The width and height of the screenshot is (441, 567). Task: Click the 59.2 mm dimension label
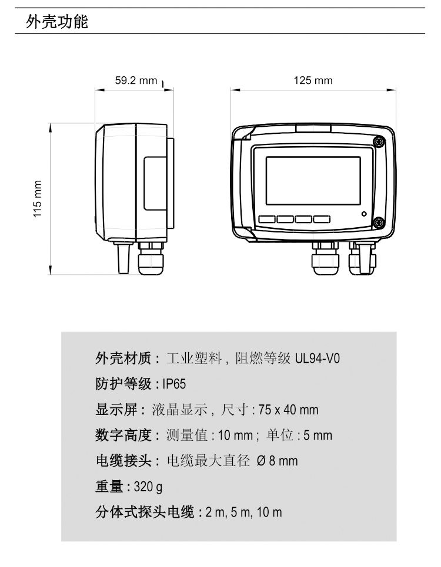[136, 80]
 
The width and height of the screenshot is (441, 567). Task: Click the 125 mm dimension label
[313, 80]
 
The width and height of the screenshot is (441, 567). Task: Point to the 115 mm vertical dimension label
[37, 199]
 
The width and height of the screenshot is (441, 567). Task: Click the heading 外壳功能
[57, 21]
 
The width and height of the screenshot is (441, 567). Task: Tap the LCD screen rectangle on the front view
[313, 181]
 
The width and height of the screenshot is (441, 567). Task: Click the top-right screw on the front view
[379, 141]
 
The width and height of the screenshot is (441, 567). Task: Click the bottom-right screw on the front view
[379, 222]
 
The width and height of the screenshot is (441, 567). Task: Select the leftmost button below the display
[267, 219]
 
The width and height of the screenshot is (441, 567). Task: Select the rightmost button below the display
[322, 219]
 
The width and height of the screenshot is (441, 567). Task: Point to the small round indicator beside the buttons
[364, 214]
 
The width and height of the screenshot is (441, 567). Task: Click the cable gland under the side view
[151, 258]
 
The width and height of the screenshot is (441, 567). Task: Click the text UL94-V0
[318, 359]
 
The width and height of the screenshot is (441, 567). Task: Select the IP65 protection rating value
[174, 384]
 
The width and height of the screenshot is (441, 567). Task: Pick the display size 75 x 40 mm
[289, 410]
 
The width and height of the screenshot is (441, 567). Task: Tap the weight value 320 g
[148, 487]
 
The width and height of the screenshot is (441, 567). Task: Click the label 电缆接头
[123, 461]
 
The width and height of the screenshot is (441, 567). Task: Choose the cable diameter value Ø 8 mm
[277, 461]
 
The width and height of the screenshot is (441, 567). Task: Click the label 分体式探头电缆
[145, 512]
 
